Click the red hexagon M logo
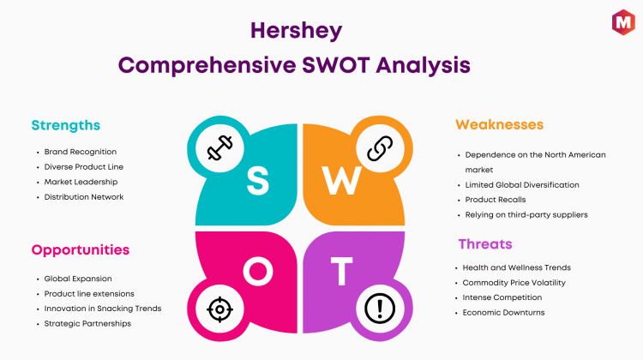pos(623,22)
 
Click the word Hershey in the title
pos(296,32)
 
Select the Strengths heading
pos(66,125)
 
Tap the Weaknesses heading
pos(499,124)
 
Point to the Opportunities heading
pos(81,250)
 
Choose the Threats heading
pos(485,244)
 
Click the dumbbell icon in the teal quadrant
pos(219,147)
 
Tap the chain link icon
pos(380,148)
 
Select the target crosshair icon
pos(219,309)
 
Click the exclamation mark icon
pos(380,309)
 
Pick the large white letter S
pos(258,180)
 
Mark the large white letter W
pos(341,180)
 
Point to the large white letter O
pos(258,272)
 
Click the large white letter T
pos(341,271)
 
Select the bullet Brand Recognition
pos(81,152)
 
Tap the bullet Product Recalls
pos(496,200)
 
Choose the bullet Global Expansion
pos(78,279)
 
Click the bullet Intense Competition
pos(502,297)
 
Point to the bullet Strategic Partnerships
pos(87,323)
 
